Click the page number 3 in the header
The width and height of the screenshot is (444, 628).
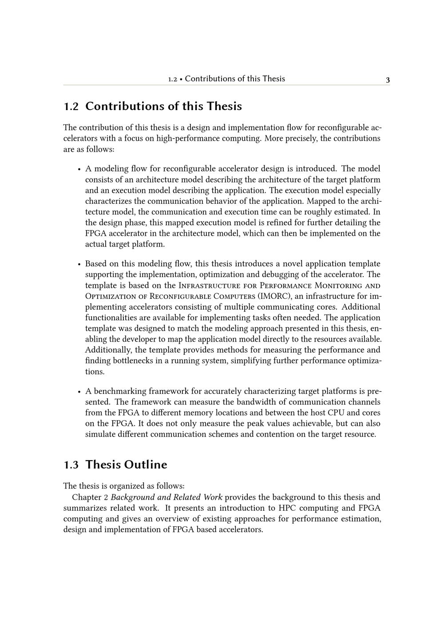coord(388,80)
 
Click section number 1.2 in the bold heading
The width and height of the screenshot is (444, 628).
coord(71,107)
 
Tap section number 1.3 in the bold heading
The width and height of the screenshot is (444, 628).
coord(71,465)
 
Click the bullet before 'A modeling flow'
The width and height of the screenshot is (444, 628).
coord(79,169)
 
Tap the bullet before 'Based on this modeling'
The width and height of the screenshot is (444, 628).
coord(79,264)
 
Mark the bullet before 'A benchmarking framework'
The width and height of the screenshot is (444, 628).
coord(79,392)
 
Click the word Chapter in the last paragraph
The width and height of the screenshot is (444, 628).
coord(87,497)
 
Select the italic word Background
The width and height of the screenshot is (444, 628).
coord(132,497)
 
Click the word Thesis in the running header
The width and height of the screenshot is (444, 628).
coord(274,79)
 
